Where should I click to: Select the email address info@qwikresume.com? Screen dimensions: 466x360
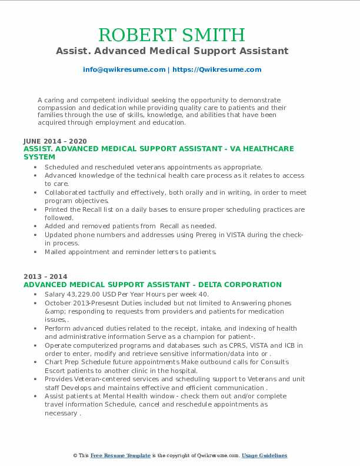[124, 69]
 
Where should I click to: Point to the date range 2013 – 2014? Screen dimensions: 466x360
[45, 277]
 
